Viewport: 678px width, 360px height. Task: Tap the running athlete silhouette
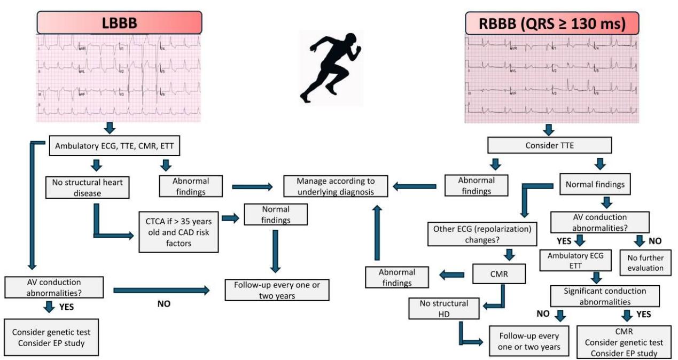(x=331, y=67)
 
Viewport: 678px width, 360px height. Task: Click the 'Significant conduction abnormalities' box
(x=605, y=295)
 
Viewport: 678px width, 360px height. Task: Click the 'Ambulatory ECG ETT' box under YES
(x=575, y=262)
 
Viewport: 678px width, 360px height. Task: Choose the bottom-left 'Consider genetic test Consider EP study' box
(x=51, y=336)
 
